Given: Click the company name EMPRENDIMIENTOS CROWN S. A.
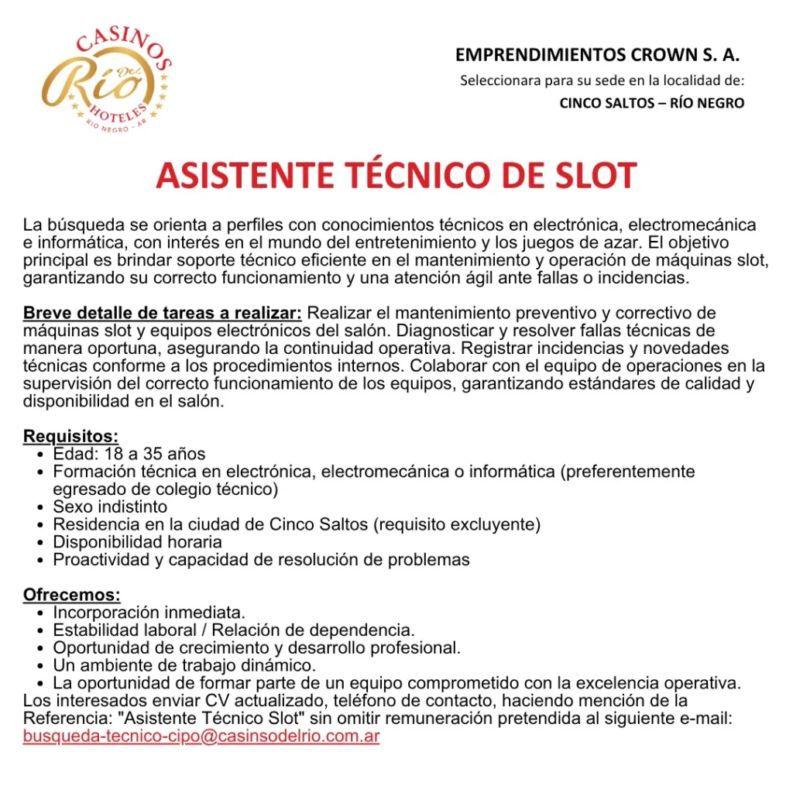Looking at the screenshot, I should click(597, 55).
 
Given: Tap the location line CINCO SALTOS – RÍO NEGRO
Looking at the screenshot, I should click(651, 103).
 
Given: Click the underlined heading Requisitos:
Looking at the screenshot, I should click(70, 437).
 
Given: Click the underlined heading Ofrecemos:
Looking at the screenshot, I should click(72, 596).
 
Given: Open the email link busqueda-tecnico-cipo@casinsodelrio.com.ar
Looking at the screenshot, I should click(201, 736).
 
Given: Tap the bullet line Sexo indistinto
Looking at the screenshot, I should click(110, 507).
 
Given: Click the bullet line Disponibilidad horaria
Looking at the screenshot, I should click(137, 542).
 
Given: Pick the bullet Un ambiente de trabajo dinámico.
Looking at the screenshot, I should click(184, 665).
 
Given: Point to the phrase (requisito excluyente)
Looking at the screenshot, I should click(457, 524).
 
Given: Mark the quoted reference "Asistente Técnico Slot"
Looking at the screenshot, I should click(208, 719).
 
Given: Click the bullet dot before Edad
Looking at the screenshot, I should click(40, 455).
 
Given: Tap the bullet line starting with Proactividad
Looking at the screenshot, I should click(261, 560).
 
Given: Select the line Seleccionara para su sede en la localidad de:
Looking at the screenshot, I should click(602, 81).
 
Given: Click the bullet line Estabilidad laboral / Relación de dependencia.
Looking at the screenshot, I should click(234, 630).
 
